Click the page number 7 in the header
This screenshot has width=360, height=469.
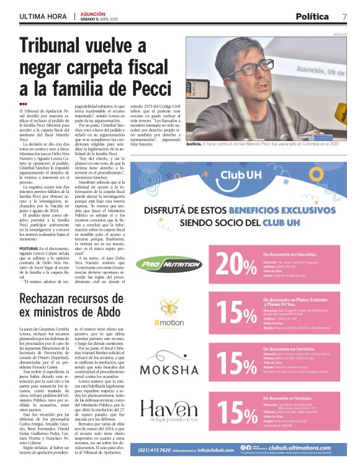[x=344, y=16]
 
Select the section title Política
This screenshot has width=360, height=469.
[x=315, y=16]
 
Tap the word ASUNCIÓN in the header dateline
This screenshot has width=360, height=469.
[x=92, y=12]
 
